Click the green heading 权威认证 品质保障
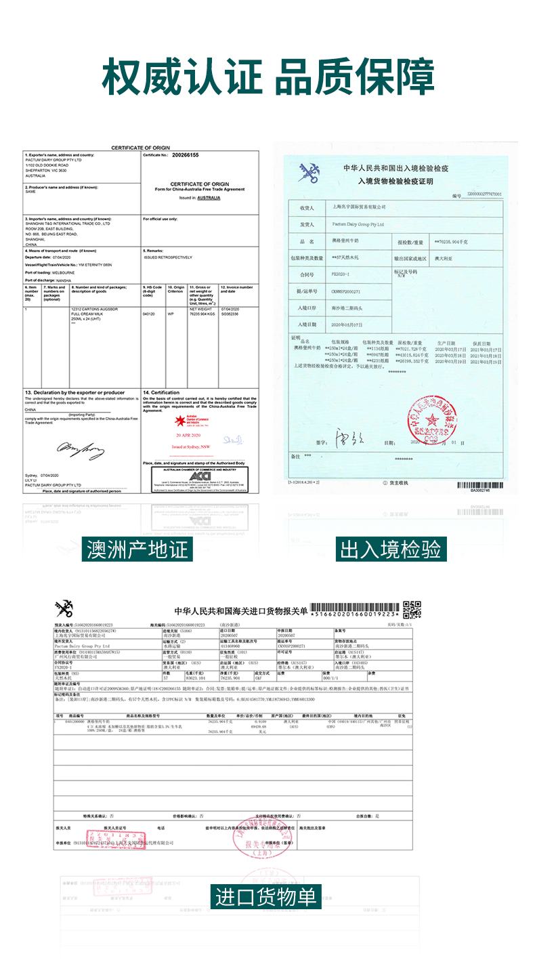coord(267,77)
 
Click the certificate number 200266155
coord(186,155)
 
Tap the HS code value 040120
coord(149,314)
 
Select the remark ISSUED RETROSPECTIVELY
coord(168,257)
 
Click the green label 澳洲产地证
coord(137,549)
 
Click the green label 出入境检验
coord(391,549)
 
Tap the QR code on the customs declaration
coord(412,610)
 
